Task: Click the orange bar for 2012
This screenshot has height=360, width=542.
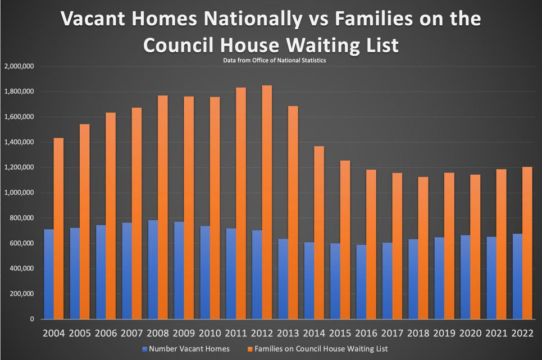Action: (267, 202)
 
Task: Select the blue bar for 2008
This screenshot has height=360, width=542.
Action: (153, 270)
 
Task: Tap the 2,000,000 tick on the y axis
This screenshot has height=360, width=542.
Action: (19, 66)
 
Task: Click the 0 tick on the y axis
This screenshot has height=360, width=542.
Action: (32, 319)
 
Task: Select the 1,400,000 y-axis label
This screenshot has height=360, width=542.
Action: (19, 142)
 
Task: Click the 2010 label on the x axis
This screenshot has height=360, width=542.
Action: (210, 334)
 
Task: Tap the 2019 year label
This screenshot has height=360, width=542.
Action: (444, 334)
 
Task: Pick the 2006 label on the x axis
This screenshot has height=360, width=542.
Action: (106, 334)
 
